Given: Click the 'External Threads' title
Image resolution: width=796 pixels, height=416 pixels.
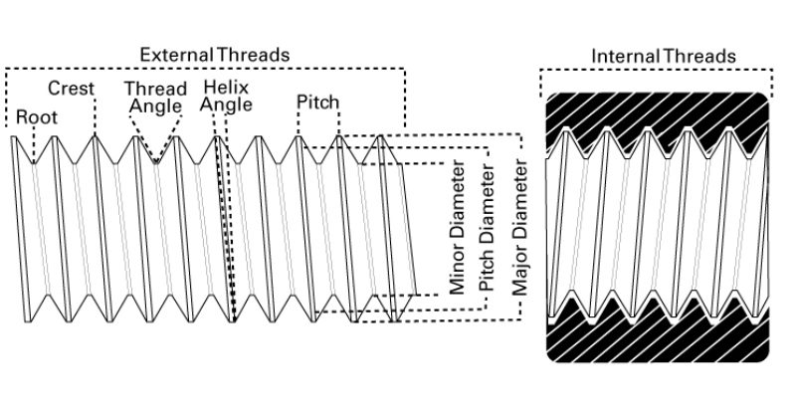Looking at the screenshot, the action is [x=214, y=55].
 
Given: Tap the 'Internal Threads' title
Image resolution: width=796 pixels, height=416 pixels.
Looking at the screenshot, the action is [x=664, y=56].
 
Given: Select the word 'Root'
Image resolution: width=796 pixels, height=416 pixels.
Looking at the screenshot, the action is [x=37, y=116].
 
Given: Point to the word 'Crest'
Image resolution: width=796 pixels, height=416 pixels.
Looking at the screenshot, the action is [x=71, y=89].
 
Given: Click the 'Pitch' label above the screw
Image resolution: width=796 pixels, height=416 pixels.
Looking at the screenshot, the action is [x=317, y=102].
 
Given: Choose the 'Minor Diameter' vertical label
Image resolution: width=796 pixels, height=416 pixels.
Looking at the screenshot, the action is [x=458, y=227].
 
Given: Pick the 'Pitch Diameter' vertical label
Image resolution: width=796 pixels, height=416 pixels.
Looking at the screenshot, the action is [x=487, y=227].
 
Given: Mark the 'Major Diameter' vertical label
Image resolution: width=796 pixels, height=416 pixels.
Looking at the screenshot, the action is [x=519, y=227].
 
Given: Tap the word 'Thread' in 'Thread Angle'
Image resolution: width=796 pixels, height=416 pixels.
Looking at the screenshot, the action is [x=156, y=89].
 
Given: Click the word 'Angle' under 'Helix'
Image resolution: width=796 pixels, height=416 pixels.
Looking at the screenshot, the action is [x=226, y=104].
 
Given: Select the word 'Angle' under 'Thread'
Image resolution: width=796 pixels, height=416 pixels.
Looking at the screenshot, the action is [x=156, y=106].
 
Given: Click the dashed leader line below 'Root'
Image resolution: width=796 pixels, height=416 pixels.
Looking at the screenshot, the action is [x=34, y=144].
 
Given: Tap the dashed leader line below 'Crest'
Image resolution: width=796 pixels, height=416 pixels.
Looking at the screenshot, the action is [x=95, y=115].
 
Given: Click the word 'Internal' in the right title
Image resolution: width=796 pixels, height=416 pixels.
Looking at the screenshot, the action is [x=626, y=56].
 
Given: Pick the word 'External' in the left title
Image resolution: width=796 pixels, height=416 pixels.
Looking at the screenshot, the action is [x=176, y=55].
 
